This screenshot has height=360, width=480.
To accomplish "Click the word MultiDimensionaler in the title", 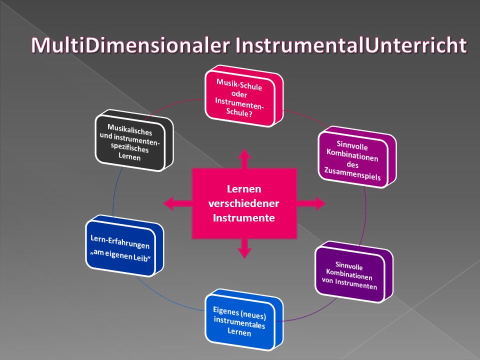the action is click(130, 45).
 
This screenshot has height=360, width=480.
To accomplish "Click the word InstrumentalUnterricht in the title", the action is click(351, 45).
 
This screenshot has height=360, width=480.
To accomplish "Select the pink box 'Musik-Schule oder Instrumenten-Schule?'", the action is click(244, 96).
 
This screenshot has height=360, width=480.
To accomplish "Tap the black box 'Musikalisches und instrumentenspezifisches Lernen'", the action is click(134, 140).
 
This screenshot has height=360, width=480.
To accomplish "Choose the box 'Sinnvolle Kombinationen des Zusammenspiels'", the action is click(357, 156).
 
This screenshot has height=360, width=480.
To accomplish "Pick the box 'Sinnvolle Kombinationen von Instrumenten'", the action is click(354, 272).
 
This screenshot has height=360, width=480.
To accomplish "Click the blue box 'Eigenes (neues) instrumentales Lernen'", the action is click(244, 319).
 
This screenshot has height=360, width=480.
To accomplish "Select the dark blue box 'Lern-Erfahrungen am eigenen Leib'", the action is click(124, 246).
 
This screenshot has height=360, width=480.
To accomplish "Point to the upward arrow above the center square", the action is click(244, 159).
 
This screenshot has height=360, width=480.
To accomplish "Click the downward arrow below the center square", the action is click(244, 248).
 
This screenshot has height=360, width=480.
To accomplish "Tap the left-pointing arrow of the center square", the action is click(177, 203).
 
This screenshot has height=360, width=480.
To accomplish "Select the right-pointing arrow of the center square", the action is click(311, 203).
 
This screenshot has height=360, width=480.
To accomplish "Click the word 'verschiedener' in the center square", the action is click(243, 203).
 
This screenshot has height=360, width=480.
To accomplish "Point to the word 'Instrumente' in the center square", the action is click(243, 218).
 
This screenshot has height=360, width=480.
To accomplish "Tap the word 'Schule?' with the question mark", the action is click(239, 112).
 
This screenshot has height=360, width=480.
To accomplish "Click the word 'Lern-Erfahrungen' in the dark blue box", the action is click(120, 242).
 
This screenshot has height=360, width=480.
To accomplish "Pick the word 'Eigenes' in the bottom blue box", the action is click(226, 311).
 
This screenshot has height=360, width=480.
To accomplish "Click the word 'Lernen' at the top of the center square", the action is click(244, 189).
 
